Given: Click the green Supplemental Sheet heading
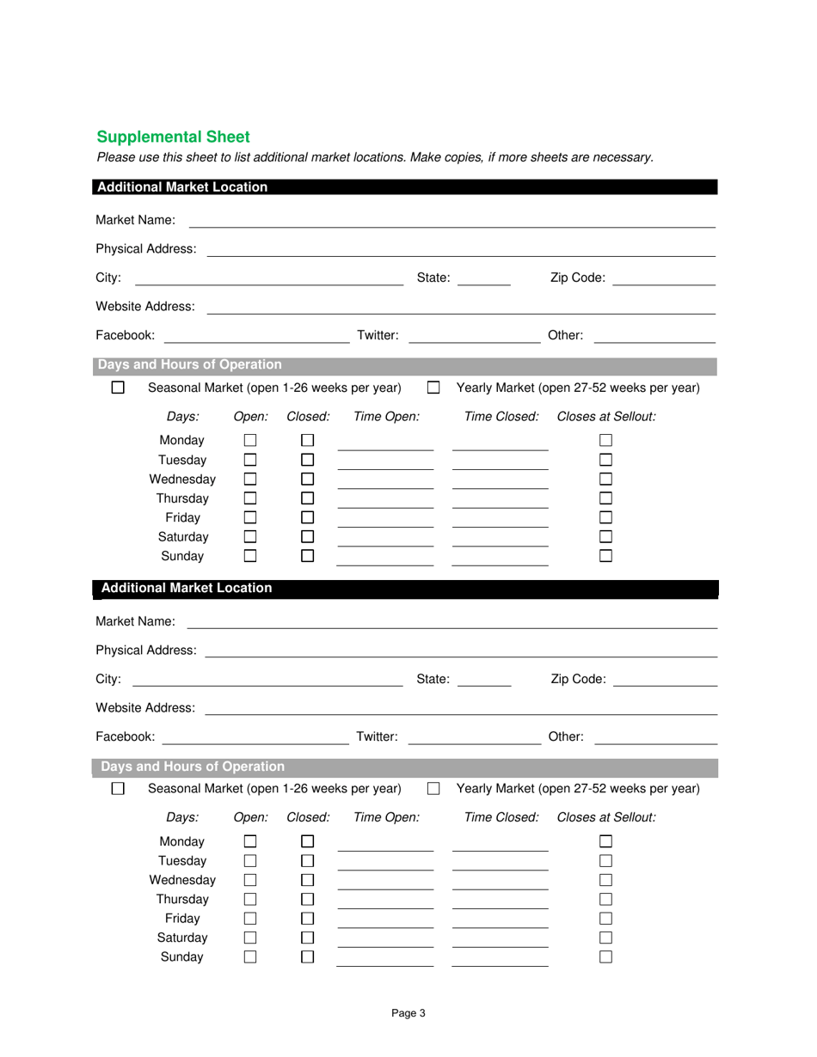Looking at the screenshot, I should tap(173, 137).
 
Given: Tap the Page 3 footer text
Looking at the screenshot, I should tap(408, 1013).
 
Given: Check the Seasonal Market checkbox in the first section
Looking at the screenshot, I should tap(119, 388).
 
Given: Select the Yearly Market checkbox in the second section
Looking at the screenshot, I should tap(433, 788).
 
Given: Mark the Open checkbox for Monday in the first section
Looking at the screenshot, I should tap(250, 440).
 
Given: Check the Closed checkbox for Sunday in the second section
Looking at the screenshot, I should tap(308, 956).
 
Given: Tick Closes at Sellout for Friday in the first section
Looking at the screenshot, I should tap(605, 517).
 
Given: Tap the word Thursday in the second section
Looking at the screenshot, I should tap(182, 899).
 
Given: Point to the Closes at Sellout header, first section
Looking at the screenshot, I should tap(606, 417).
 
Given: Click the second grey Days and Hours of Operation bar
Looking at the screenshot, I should tap(404, 767).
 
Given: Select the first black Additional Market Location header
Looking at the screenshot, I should tap(404, 187).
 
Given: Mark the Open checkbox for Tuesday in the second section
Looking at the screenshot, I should tap(250, 860).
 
